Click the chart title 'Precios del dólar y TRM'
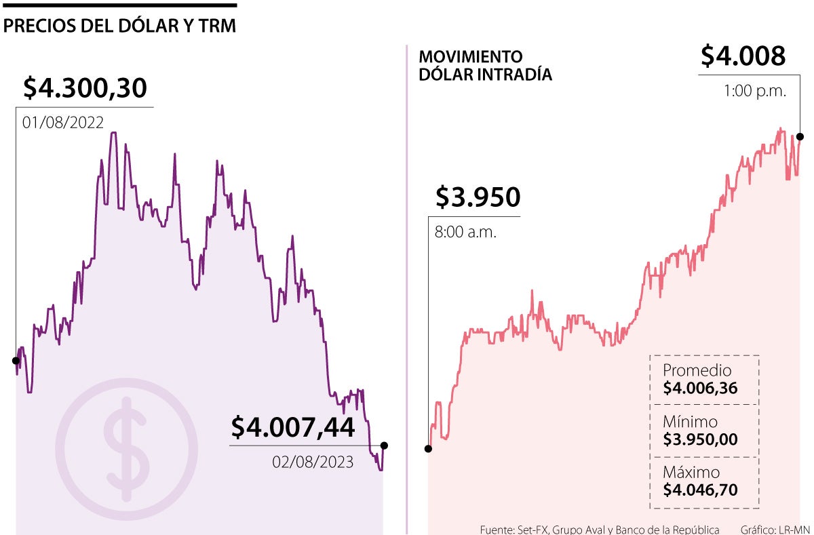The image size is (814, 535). point(119,26)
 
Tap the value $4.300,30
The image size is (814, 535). point(85,88)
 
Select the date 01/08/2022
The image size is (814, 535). point(62,123)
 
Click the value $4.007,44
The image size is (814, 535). point(292,427)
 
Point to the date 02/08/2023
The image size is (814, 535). point(313,462)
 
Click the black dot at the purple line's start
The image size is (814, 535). point(16,360)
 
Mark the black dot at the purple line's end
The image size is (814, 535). point(384,445)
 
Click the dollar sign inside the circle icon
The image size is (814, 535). point(126,449)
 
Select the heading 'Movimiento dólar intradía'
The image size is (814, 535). point(485,66)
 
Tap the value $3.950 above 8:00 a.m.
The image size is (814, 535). point(478,197)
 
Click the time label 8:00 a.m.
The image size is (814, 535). point(465,232)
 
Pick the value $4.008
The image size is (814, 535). point(743,56)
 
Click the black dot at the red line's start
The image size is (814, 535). point(428,448)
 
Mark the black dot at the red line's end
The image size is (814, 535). point(800,137)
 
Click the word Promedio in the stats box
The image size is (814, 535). point(697,371)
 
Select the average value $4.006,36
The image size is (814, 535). point(700,389)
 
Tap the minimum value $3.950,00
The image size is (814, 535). point(700,439)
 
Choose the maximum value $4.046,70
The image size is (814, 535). point(700,490)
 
